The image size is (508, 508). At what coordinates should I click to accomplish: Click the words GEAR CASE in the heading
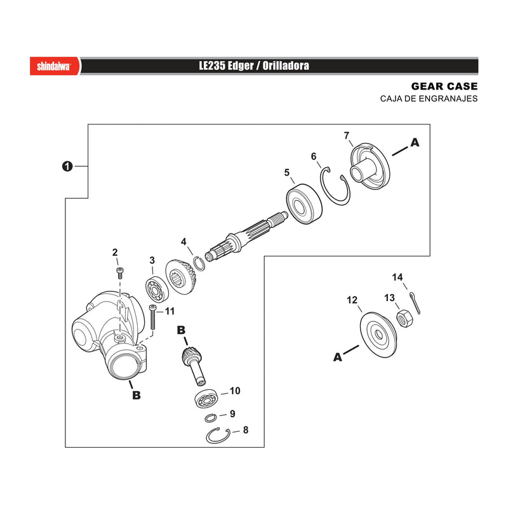(x=444, y=86)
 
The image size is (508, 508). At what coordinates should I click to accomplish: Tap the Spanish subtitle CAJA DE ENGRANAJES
(x=429, y=98)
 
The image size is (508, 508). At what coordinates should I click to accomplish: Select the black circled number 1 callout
(x=67, y=166)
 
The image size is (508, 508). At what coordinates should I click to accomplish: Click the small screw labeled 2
(x=120, y=273)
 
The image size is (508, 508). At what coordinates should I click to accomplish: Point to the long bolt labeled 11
(x=152, y=317)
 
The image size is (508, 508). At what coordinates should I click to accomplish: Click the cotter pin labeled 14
(x=415, y=303)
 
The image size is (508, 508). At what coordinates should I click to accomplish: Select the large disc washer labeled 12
(x=378, y=335)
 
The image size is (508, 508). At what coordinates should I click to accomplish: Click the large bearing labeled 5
(x=304, y=204)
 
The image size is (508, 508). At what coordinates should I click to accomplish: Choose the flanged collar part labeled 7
(x=370, y=166)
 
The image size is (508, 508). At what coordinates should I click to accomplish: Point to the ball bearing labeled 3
(x=157, y=290)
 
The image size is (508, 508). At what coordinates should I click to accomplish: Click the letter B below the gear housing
(x=137, y=395)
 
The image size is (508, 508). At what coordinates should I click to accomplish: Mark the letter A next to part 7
(x=415, y=142)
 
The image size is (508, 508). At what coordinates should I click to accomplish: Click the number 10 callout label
(x=235, y=391)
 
